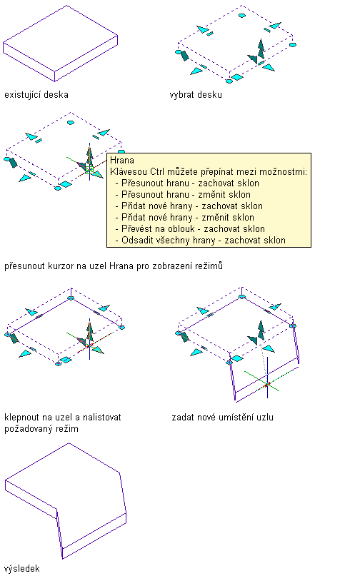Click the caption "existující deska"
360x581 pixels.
point(36,95)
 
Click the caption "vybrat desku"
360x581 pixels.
point(196,95)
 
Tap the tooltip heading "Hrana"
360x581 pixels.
point(122,161)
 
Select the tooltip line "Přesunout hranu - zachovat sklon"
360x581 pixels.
point(190,183)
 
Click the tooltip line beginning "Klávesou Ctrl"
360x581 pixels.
point(209,172)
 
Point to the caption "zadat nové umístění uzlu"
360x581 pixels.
point(222,418)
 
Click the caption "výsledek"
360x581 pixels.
point(22,569)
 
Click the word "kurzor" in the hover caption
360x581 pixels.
point(61,266)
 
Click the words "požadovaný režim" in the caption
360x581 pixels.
point(41,429)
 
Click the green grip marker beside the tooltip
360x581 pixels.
point(89,170)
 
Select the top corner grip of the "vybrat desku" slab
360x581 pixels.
point(241,16)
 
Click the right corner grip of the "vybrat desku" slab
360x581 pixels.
point(293,45)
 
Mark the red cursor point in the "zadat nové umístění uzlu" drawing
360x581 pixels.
point(266,385)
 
